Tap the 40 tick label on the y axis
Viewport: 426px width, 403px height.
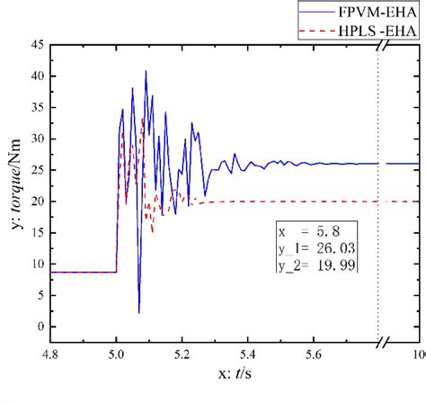[39, 76]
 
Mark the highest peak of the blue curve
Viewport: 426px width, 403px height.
[146, 70]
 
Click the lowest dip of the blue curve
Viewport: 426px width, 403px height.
[139, 312]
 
